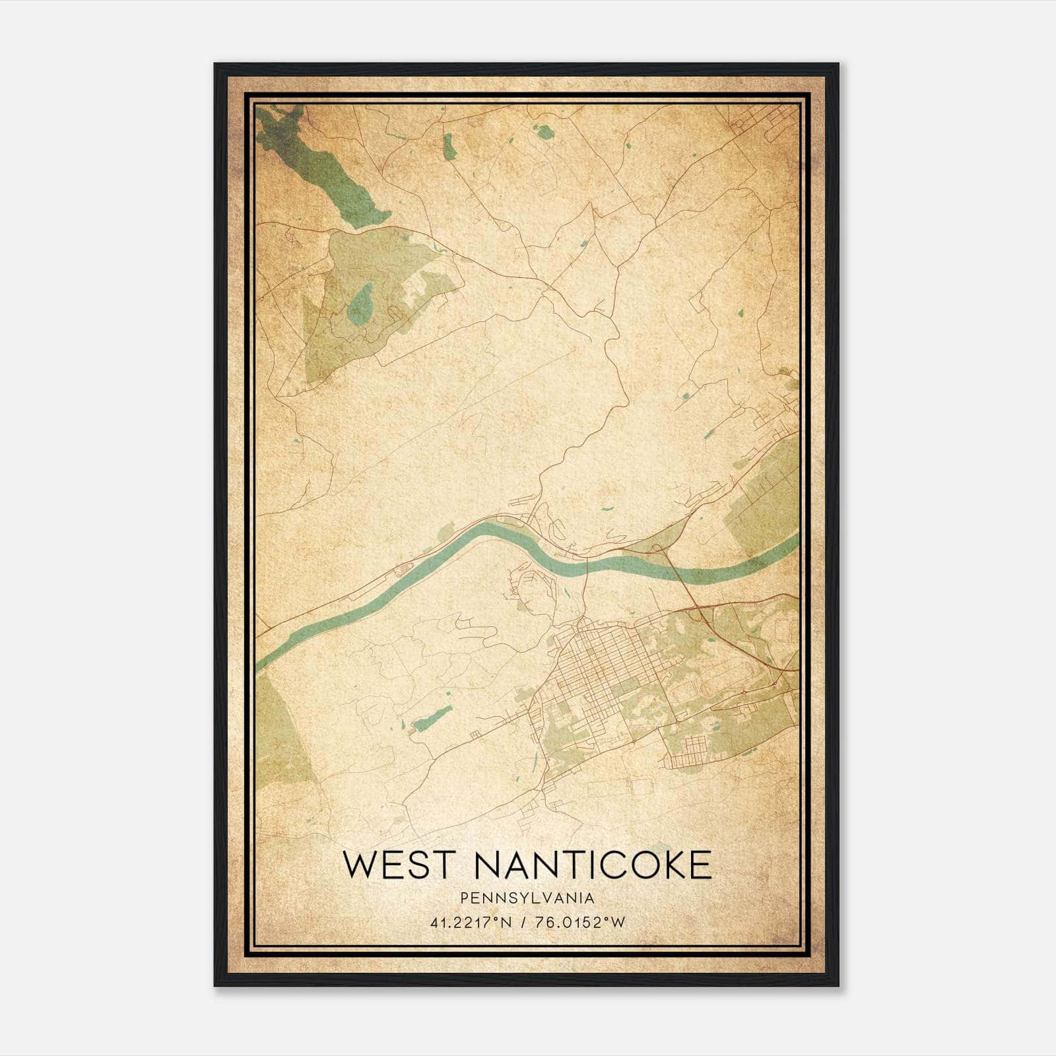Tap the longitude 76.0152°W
581,923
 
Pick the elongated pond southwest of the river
432,717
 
